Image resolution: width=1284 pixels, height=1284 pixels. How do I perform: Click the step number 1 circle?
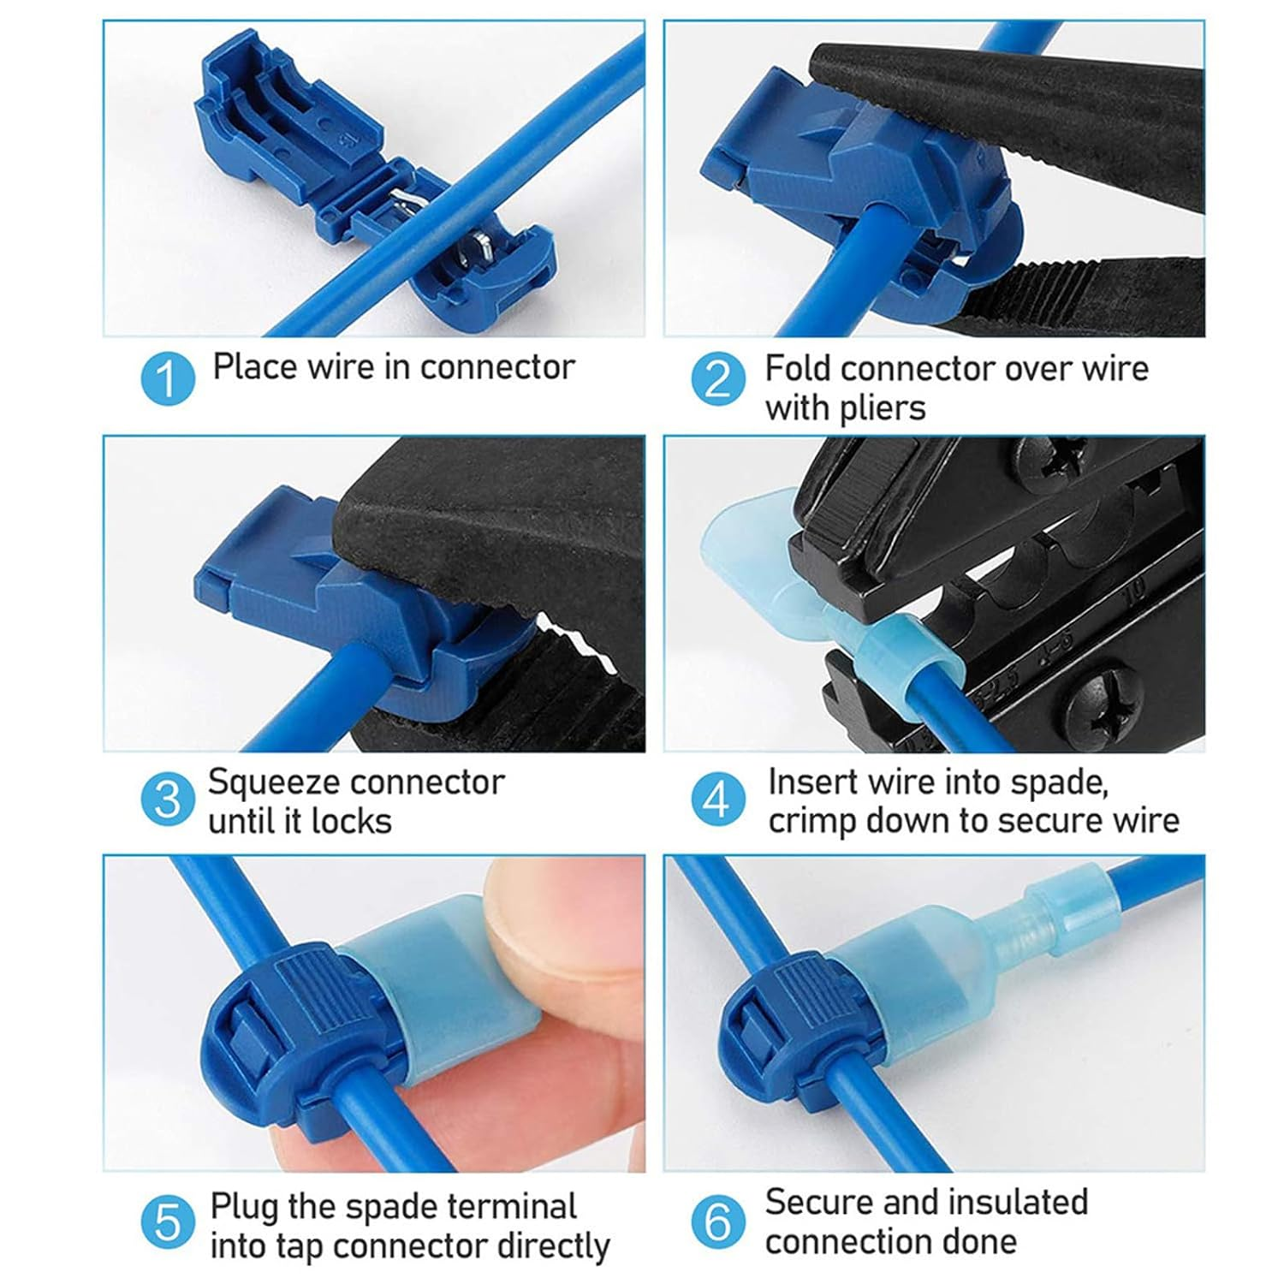tap(168, 378)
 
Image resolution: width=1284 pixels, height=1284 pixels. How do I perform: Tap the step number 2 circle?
tap(718, 378)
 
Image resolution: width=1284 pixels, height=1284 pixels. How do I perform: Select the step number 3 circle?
tap(168, 800)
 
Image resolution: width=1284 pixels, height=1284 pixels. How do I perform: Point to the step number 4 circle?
tap(718, 800)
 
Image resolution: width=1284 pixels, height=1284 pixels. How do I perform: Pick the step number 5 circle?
tap(168, 1222)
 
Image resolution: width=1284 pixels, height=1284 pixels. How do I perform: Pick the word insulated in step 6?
tap(1003, 1203)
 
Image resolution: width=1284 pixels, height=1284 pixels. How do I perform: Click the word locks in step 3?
tap(352, 822)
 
